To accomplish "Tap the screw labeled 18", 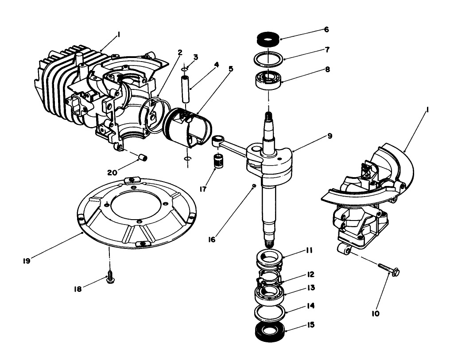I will point(109,278).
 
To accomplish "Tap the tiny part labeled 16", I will point(253,186).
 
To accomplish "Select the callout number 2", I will point(180,52).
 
